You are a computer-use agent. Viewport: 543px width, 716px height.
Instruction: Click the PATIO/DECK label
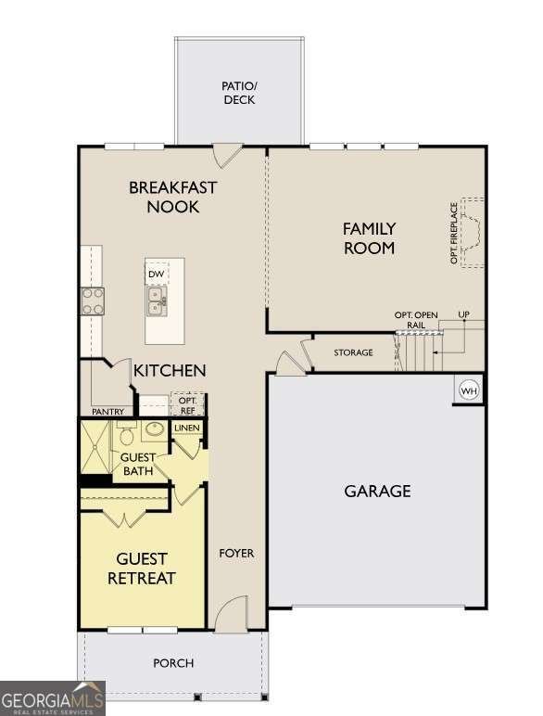(239, 93)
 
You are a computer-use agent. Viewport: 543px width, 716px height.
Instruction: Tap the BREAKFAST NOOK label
(172, 197)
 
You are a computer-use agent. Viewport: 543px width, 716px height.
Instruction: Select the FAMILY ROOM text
(369, 237)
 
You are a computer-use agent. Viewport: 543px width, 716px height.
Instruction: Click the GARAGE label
(377, 491)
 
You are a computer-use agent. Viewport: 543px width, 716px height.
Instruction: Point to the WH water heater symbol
(469, 391)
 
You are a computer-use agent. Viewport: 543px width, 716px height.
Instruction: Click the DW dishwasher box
(157, 275)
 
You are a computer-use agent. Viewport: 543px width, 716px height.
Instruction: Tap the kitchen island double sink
(157, 299)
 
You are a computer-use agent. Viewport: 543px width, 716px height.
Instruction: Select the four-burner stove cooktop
(93, 300)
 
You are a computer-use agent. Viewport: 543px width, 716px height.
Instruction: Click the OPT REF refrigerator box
(187, 404)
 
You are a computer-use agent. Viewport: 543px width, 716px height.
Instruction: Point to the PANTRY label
(107, 412)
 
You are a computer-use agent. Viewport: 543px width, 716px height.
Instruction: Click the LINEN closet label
(187, 428)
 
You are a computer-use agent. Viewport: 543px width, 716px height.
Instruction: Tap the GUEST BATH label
(137, 464)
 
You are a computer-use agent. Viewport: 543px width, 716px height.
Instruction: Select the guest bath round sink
(154, 430)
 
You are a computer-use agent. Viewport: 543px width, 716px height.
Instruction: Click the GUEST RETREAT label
(142, 569)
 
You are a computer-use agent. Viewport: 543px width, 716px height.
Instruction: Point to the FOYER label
(236, 554)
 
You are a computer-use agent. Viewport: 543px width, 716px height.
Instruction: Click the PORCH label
(173, 662)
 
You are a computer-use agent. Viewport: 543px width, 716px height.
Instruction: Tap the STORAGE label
(353, 352)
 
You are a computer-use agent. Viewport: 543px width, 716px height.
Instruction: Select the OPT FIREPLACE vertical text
(454, 233)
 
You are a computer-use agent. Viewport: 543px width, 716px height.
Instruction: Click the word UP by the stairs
(464, 315)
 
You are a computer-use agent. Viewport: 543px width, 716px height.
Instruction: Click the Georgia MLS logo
(53, 697)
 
